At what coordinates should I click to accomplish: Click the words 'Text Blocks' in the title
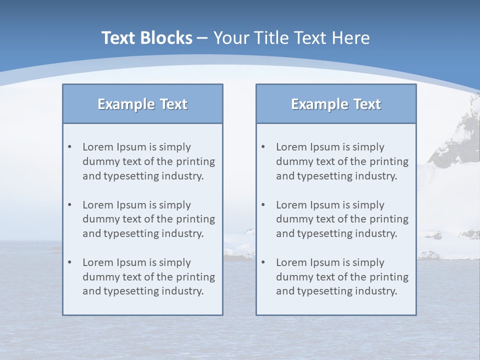pyautogui.click(x=146, y=38)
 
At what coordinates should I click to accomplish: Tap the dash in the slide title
pyautogui.click(x=202, y=38)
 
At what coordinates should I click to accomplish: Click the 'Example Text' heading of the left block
pyautogui.click(x=142, y=104)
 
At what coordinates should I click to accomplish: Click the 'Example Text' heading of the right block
pyautogui.click(x=336, y=104)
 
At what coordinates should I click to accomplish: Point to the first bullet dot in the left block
pyautogui.click(x=69, y=147)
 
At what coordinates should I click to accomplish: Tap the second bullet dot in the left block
pyautogui.click(x=69, y=205)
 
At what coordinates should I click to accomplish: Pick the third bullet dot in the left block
pyautogui.click(x=69, y=262)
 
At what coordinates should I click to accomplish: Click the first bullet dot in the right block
pyautogui.click(x=263, y=147)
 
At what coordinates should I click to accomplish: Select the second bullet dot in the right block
pyautogui.click(x=263, y=205)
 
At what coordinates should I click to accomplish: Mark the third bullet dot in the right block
pyautogui.click(x=263, y=262)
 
